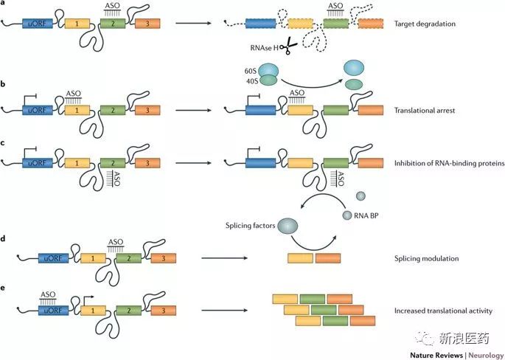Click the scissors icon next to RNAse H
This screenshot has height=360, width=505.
pyautogui.click(x=288, y=46)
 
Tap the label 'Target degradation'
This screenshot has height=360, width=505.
pyautogui.click(x=425, y=24)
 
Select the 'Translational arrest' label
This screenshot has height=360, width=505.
pyautogui.click(x=425, y=111)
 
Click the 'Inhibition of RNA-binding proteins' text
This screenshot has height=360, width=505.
pyautogui.click(x=449, y=164)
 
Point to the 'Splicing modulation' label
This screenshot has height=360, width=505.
pyautogui.click(x=426, y=258)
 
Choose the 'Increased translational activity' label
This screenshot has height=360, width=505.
pyautogui.click(x=443, y=311)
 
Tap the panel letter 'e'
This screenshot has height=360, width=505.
pyautogui.click(x=3, y=288)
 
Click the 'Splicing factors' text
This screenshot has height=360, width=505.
pyautogui.click(x=250, y=226)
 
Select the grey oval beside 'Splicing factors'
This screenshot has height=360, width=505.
pyautogui.click(x=288, y=226)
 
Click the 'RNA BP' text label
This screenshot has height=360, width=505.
pyautogui.click(x=366, y=215)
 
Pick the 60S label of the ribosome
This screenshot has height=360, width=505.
pyautogui.click(x=250, y=71)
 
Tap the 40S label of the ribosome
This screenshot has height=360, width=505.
pyautogui.click(x=252, y=81)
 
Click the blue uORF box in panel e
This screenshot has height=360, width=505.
pyautogui.click(x=54, y=311)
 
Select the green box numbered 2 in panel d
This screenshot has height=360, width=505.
pyautogui.click(x=129, y=258)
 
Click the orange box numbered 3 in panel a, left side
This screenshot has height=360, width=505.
pyautogui.click(x=147, y=24)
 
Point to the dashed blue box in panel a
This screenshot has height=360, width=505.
pyautogui.click(x=260, y=24)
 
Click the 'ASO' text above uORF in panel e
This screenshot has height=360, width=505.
pyautogui.click(x=48, y=294)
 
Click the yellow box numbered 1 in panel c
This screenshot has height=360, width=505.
pyautogui.click(x=77, y=163)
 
